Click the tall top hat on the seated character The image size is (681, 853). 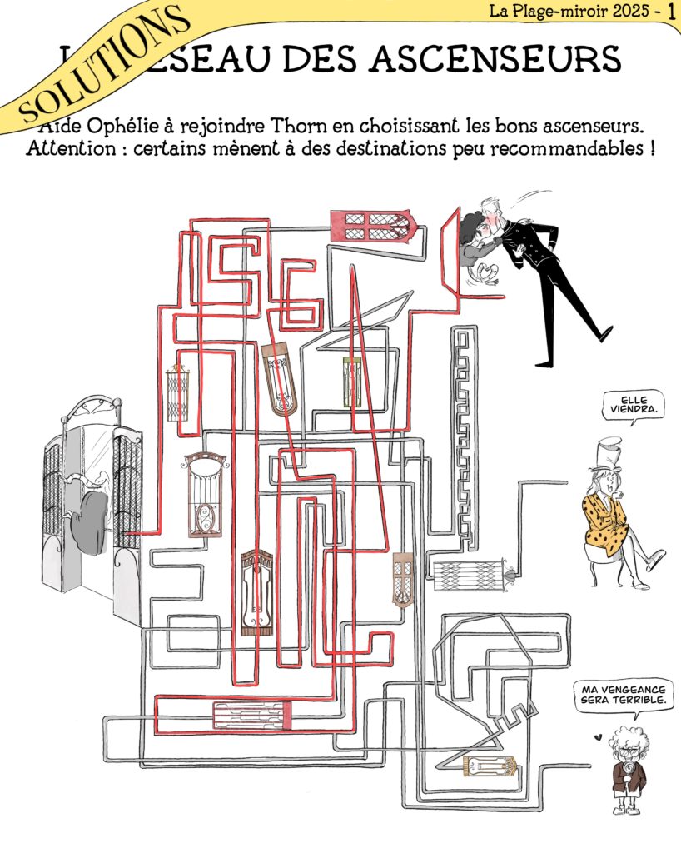(609, 454)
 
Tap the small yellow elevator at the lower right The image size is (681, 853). (488, 765)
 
